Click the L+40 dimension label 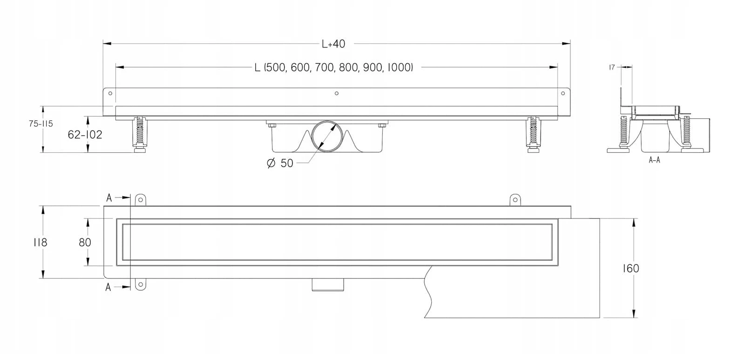coord(333,44)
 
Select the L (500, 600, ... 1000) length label coord(333,68)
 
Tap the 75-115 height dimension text coord(41,124)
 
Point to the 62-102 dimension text coord(85,135)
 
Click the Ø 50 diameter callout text coord(280,163)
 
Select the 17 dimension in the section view coord(612,68)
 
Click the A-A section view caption coord(654,160)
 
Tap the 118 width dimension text coord(40,243)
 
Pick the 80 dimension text coord(85,243)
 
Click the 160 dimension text coord(631,269)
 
